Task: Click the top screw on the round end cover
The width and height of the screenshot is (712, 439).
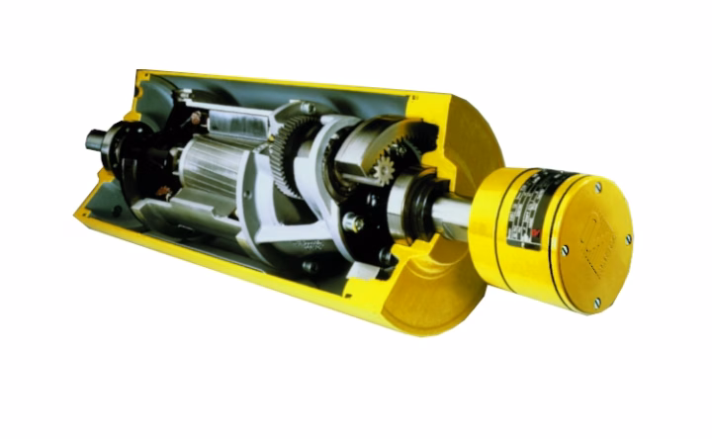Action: (597, 185)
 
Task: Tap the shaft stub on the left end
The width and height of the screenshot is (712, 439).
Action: (96, 140)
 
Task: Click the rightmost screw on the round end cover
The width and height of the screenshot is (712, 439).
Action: (630, 237)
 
